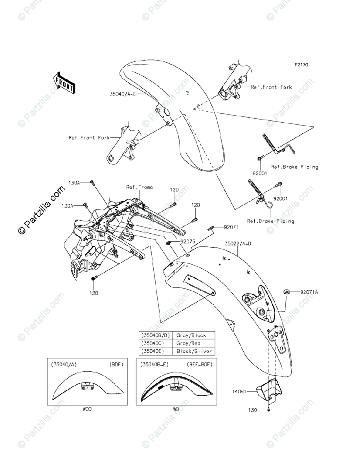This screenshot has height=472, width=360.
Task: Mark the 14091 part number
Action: click(x=250, y=391)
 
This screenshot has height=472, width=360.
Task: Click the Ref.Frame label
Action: click(x=139, y=187)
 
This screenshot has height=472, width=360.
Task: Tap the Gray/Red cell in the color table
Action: click(x=188, y=343)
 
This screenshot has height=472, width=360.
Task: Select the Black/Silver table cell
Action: click(x=194, y=351)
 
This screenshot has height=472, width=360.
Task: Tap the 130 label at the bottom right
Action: click(x=252, y=410)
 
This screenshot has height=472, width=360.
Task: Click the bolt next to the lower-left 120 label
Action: click(x=94, y=279)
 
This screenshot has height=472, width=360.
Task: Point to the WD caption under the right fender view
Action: click(x=176, y=409)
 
